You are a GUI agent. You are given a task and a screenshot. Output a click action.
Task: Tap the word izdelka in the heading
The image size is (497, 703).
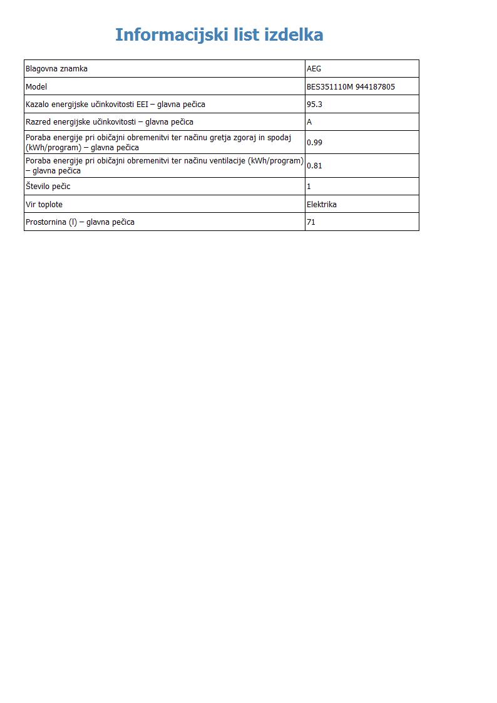pyautogui.click(x=294, y=35)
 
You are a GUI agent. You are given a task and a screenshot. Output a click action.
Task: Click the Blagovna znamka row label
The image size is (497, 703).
pyautogui.click(x=56, y=69)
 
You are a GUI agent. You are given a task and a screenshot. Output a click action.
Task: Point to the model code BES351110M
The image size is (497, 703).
pyautogui.click(x=329, y=87)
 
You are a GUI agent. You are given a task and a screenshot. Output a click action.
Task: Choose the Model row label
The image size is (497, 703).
pyautogui.click(x=36, y=87)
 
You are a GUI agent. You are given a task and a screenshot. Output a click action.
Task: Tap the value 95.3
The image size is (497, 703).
pyautogui.click(x=314, y=105)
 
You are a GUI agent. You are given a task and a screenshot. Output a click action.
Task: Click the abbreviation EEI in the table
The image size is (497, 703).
pyautogui.click(x=142, y=105)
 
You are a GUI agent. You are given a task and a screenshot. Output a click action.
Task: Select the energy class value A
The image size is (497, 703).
pyautogui.click(x=309, y=122)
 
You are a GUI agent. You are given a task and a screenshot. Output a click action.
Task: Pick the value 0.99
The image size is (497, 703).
pyautogui.click(x=314, y=143)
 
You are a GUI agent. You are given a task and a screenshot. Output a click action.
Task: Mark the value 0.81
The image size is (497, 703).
pyautogui.click(x=314, y=166)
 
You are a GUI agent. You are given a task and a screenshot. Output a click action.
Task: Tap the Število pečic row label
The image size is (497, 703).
pyautogui.click(x=48, y=187)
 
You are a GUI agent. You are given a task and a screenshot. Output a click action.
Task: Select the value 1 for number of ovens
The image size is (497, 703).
pyautogui.click(x=309, y=187)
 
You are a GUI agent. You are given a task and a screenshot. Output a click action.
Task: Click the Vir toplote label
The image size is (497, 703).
pyautogui.click(x=44, y=205)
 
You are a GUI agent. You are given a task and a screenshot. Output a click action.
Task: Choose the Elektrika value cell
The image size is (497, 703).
pyautogui.click(x=321, y=205)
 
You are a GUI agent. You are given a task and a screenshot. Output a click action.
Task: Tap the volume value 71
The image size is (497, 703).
pyautogui.click(x=311, y=222)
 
